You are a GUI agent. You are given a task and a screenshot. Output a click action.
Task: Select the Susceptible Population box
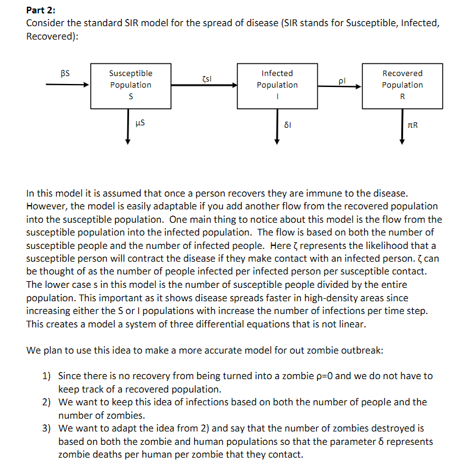click(x=130, y=85)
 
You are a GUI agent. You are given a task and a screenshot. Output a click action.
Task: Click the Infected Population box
click(x=277, y=85)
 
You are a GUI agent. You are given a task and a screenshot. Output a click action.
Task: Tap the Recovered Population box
click(x=402, y=85)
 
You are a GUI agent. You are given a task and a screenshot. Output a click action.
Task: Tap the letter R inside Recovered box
click(x=402, y=97)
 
